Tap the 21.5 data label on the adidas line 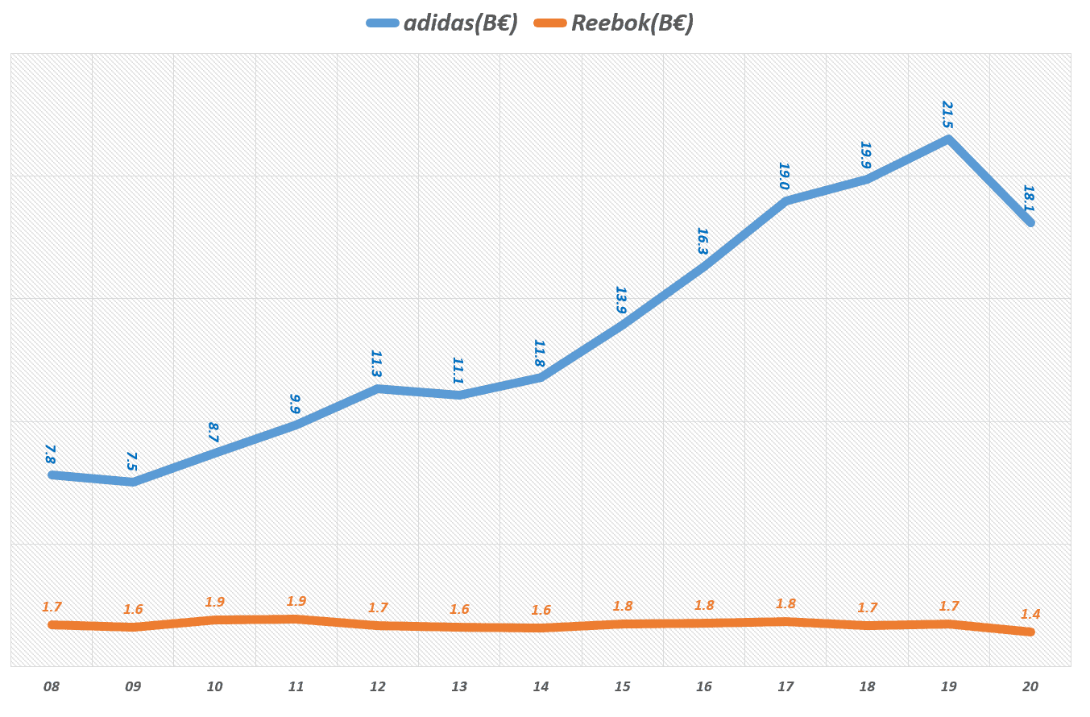tap(947, 114)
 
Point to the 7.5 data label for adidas tap(131, 461)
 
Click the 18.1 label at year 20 tap(1029, 198)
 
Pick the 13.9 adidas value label tap(620, 300)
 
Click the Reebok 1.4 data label tap(1030, 614)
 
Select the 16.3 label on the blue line tap(702, 241)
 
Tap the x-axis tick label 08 tap(52, 687)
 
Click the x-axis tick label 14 tap(541, 687)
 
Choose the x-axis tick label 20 tap(1030, 687)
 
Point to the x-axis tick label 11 tap(296, 687)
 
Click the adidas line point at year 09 tap(133, 482)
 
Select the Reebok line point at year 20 tap(1030, 632)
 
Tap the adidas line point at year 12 tap(378, 389)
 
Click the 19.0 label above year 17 tap(784, 176)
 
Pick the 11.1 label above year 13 tap(458, 371)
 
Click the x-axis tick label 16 tap(704, 687)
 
